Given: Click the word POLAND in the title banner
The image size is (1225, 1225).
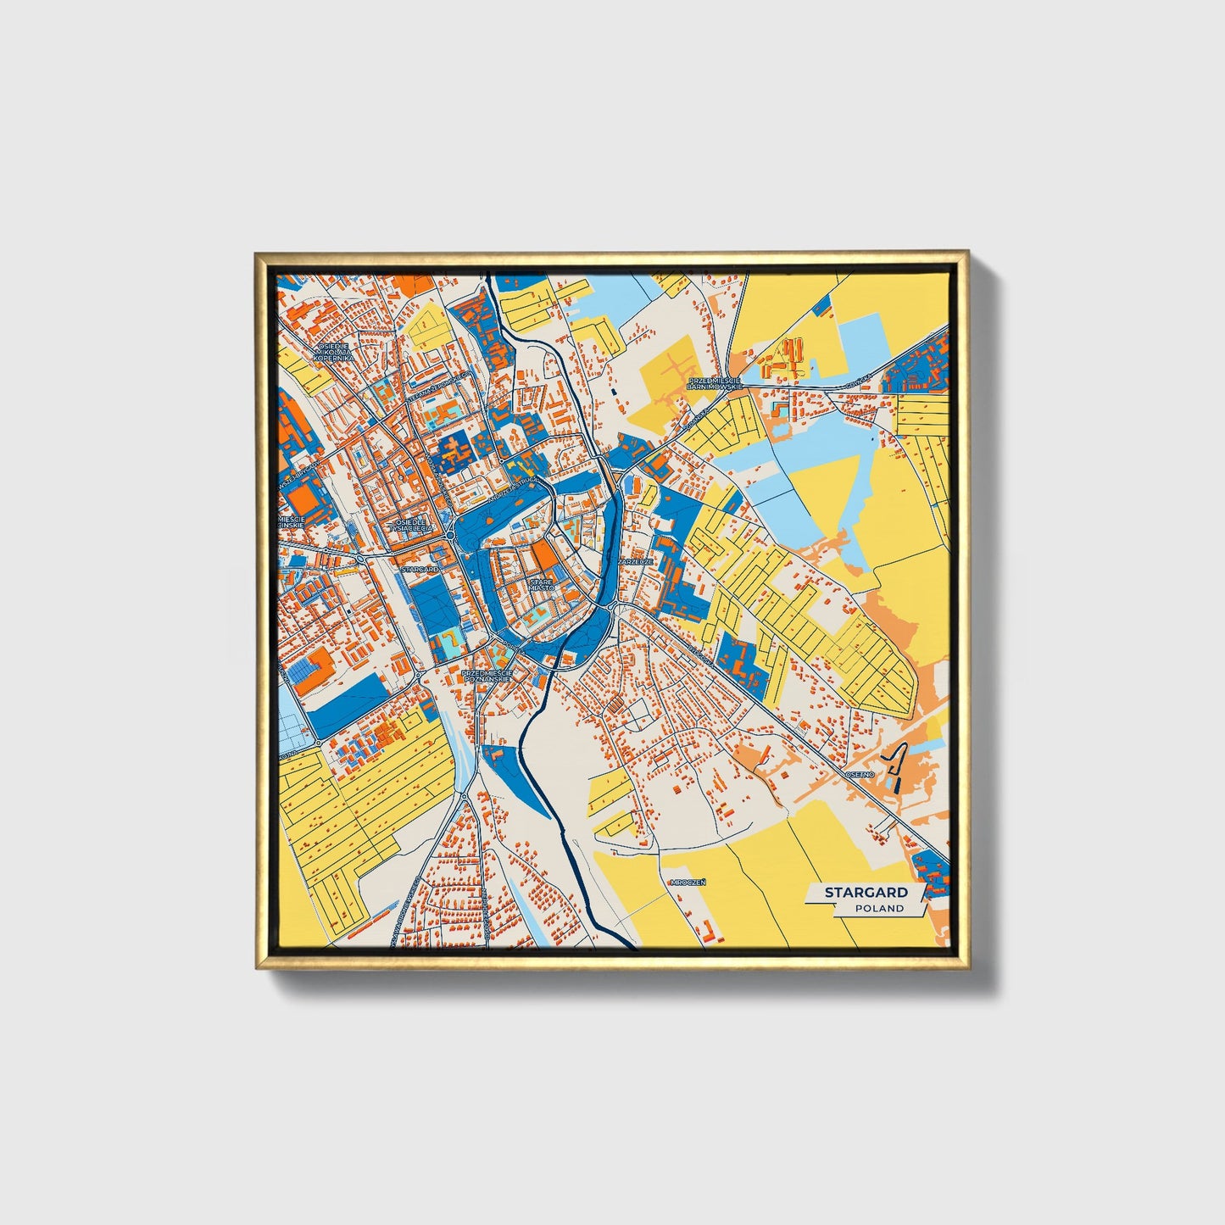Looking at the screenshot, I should (x=878, y=908).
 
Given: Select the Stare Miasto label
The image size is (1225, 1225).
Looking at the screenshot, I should (x=542, y=584).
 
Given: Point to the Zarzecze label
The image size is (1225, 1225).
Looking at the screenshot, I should (x=635, y=561).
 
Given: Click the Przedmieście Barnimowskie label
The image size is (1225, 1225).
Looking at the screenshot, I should (x=715, y=383).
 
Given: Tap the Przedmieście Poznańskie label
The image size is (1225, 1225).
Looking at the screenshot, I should (x=487, y=676).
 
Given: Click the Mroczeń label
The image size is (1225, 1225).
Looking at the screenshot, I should (x=687, y=882).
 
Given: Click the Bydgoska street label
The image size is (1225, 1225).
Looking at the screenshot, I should (x=698, y=651).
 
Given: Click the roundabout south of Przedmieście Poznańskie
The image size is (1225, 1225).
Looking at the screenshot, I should (x=464, y=796).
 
